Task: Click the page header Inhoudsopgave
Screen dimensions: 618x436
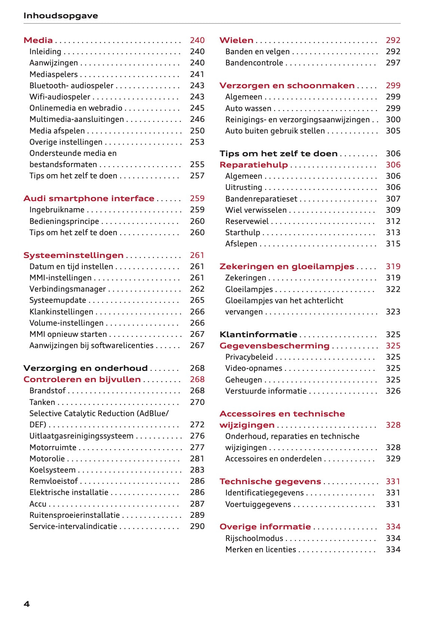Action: (61, 16)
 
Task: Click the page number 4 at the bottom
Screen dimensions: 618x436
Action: (27, 603)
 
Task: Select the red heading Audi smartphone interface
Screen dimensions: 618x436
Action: (89, 199)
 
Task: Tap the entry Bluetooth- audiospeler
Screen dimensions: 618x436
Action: (71, 86)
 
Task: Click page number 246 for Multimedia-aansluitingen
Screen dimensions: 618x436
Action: (197, 119)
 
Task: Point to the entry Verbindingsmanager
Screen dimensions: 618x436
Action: (67, 289)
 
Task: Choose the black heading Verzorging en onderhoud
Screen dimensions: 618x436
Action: (85, 368)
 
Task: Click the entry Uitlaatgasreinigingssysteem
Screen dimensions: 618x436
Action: (81, 436)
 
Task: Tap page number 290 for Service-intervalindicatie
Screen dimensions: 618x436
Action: (197, 526)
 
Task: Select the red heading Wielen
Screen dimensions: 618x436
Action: (236, 40)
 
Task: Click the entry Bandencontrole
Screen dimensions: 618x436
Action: (254, 63)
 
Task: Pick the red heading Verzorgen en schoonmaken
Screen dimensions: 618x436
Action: (287, 86)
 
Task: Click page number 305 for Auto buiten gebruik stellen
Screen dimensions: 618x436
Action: (393, 131)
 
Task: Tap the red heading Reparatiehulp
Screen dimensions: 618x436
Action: (253, 165)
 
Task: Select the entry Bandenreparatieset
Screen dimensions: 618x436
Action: (261, 199)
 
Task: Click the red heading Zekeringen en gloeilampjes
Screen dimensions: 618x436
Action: (287, 267)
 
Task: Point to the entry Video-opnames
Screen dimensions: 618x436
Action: (253, 368)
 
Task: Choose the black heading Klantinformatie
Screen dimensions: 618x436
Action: (258, 335)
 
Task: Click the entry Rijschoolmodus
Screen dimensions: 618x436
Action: (254, 538)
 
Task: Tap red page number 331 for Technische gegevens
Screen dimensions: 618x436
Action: (393, 482)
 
